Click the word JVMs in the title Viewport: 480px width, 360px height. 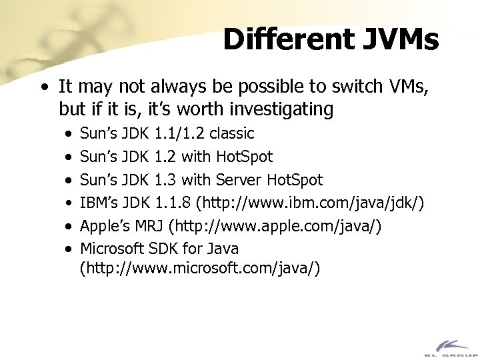pos(399,40)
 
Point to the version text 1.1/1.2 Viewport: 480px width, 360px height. pos(179,133)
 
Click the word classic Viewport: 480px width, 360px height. pos(231,133)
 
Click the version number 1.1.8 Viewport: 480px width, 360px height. pos(171,203)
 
